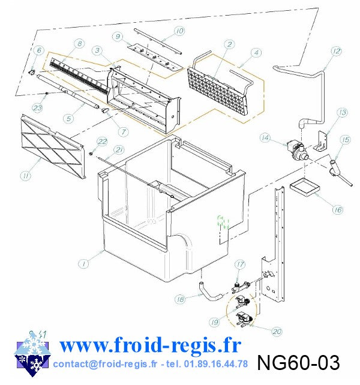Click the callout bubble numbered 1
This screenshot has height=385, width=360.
(x=83, y=264)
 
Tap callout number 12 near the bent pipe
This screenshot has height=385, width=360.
(x=337, y=51)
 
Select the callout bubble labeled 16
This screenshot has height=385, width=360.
(x=338, y=209)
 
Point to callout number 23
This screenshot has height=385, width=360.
(x=37, y=107)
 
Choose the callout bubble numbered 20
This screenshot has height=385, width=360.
(x=277, y=332)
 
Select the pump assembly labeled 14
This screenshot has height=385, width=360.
(x=298, y=150)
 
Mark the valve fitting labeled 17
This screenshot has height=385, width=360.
(x=241, y=287)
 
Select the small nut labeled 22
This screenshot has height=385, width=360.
(x=91, y=154)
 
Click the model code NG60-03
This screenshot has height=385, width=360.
(x=299, y=362)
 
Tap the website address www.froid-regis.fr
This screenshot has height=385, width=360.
(x=150, y=345)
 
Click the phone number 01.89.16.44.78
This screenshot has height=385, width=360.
(x=215, y=364)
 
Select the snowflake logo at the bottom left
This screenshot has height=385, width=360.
(x=32, y=354)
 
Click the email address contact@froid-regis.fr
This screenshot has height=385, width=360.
(x=105, y=364)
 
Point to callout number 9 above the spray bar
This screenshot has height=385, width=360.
(x=118, y=37)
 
